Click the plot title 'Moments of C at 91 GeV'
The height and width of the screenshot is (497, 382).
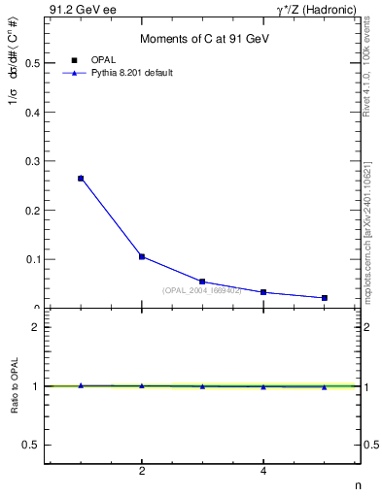pyautogui.click(x=203, y=38)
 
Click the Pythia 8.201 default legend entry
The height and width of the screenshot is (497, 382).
pyautogui.click(x=130, y=73)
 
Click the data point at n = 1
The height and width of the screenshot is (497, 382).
pyautogui.click(x=81, y=179)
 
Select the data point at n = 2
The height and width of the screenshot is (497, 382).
pyautogui.click(x=142, y=256)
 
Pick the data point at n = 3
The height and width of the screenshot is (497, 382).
pyautogui.click(x=202, y=282)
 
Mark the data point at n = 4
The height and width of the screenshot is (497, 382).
pyautogui.click(x=263, y=292)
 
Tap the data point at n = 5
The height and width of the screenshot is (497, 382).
pyautogui.click(x=324, y=298)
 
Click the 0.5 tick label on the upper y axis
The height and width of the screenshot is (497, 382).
pyautogui.click(x=32, y=63)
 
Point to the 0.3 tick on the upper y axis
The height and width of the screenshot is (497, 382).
pyautogui.click(x=32, y=161)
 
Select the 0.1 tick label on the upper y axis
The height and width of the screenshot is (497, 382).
pyautogui.click(x=32, y=259)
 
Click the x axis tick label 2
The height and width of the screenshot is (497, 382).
pyautogui.click(x=142, y=472)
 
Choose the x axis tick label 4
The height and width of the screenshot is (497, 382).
pyautogui.click(x=263, y=472)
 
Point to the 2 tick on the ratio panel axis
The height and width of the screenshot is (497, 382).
pyautogui.click(x=36, y=327)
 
